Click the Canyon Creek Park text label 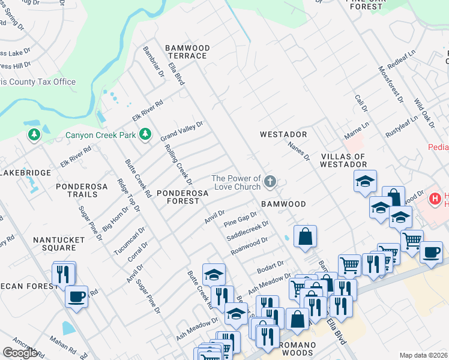point(101,135)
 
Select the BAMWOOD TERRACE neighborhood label point(187,52)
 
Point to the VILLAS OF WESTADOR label point(343,160)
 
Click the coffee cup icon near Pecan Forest point(76,296)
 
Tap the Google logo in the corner point(20,353)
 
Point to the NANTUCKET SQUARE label point(59,244)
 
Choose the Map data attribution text point(424,355)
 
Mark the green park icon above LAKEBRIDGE point(34,135)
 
